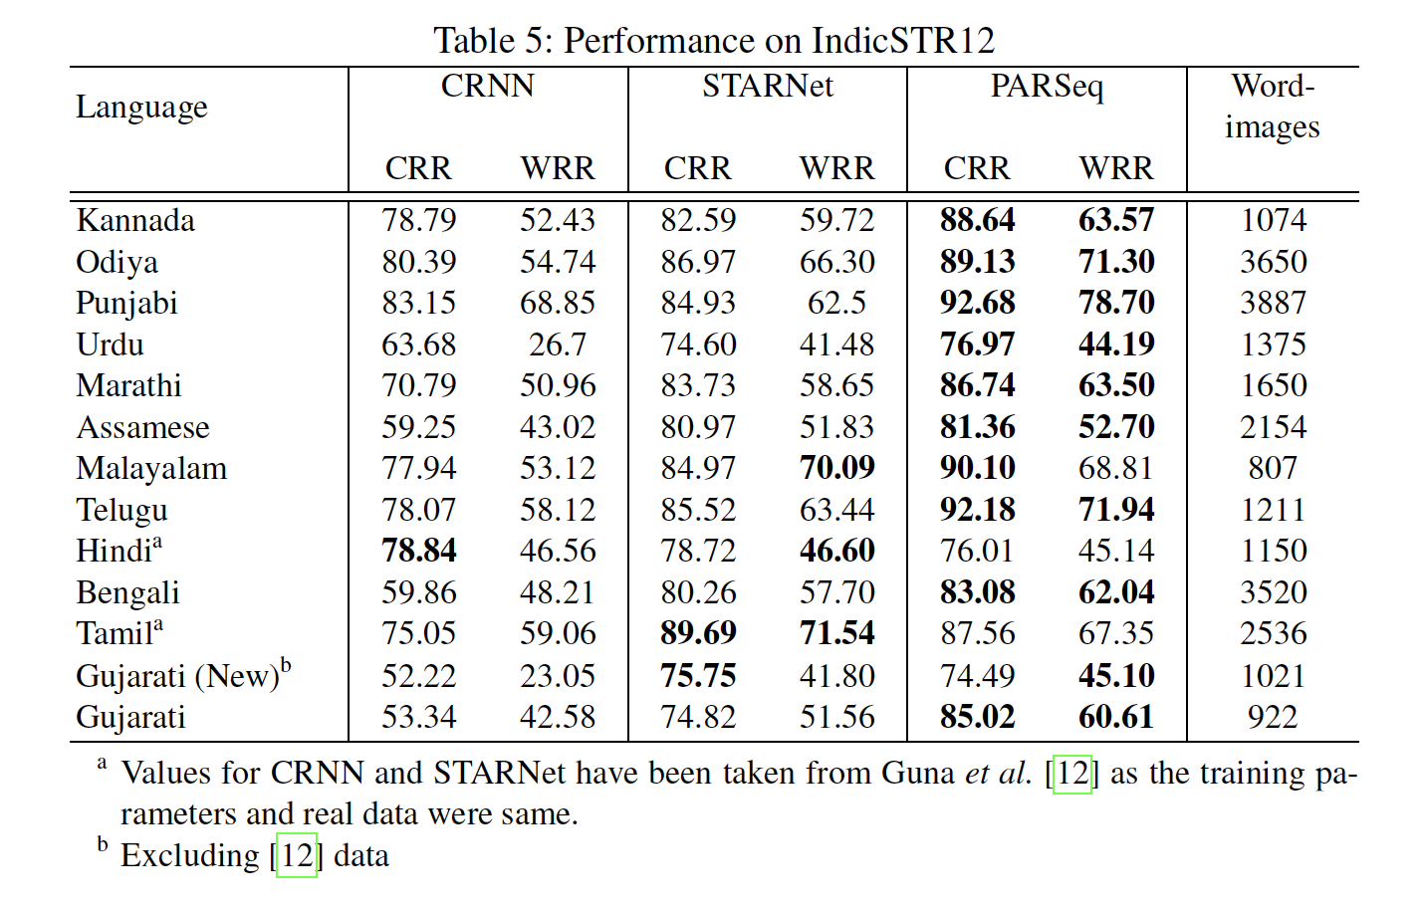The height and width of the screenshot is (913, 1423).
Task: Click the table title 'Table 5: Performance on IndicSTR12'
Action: tap(713, 41)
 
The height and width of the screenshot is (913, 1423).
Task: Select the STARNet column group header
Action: tap(767, 87)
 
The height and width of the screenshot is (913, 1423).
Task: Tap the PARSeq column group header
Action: tap(1046, 87)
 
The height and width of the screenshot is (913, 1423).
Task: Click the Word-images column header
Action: tap(1272, 107)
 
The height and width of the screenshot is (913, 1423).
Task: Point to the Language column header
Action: tap(141, 107)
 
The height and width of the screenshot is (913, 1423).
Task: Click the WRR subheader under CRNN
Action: tap(557, 168)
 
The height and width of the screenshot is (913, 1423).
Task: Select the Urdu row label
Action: tap(110, 344)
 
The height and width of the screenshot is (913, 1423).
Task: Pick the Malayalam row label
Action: tap(151, 468)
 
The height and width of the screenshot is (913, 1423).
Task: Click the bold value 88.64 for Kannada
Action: tap(977, 220)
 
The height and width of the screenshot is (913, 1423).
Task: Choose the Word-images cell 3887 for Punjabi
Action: tap(1273, 303)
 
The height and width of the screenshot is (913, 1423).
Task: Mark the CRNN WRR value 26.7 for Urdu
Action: tap(557, 344)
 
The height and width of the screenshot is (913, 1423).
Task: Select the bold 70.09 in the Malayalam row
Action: tap(836, 468)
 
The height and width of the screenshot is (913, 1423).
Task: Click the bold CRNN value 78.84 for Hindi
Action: tap(418, 551)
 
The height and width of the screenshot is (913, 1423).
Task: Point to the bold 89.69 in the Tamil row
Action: tap(697, 633)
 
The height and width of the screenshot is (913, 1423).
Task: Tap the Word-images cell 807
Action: tap(1273, 468)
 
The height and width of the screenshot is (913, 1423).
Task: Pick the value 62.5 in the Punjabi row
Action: tap(836, 303)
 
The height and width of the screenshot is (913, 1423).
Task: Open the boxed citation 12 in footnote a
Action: tap(1072, 774)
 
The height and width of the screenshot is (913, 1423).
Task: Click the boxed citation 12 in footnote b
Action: tap(297, 856)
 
